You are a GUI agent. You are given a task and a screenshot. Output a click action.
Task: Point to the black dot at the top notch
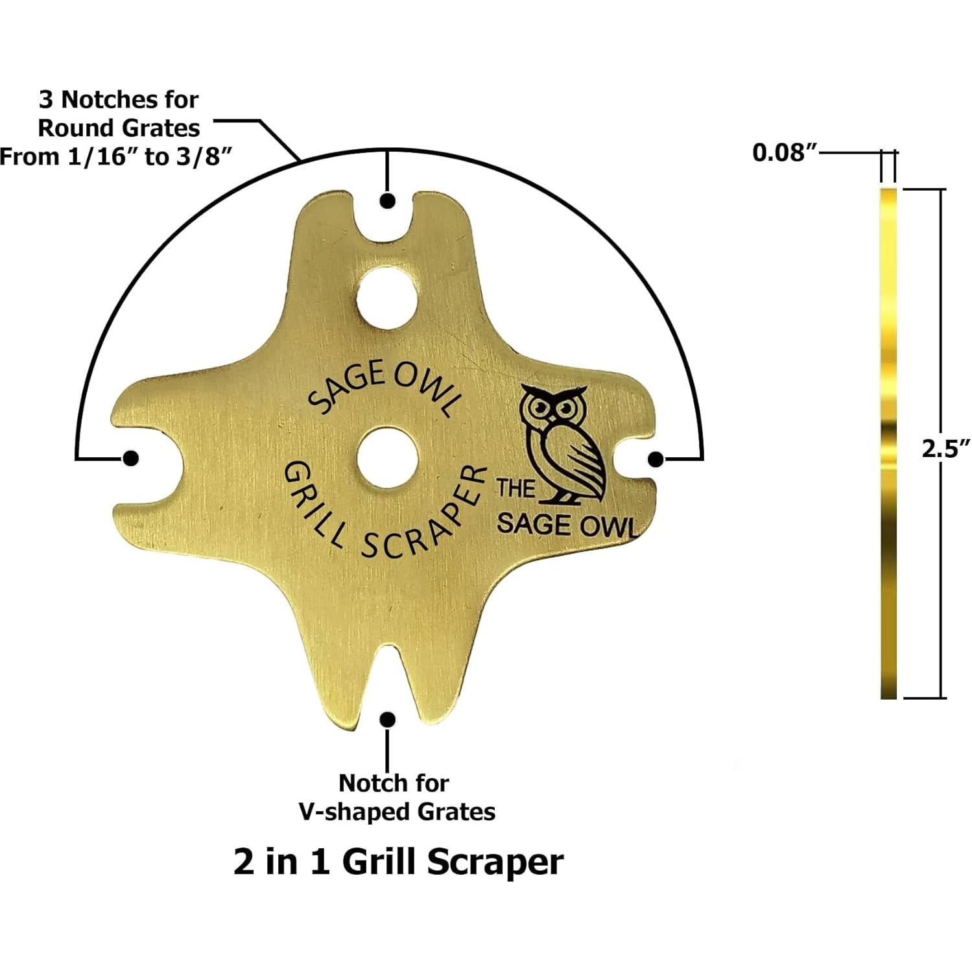pyautogui.click(x=388, y=201)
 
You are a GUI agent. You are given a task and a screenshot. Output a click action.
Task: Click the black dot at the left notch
pyautogui.click(x=130, y=458)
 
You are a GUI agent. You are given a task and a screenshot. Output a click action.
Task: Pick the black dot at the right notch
pyautogui.click(x=656, y=459)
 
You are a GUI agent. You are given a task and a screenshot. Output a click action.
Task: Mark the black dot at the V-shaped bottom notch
pyautogui.click(x=388, y=720)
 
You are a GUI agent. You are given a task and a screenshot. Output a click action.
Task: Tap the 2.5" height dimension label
pyautogui.click(x=945, y=449)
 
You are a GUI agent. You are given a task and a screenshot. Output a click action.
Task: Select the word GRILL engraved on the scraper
pyautogui.click(x=311, y=506)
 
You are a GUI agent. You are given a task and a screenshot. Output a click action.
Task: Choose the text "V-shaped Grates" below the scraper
pyautogui.click(x=396, y=812)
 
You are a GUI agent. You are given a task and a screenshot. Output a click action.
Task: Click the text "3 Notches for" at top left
pyautogui.click(x=119, y=100)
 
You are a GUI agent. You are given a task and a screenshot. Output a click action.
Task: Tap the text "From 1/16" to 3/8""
pyautogui.click(x=115, y=157)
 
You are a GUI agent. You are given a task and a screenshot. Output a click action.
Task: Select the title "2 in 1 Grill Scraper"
pyautogui.click(x=398, y=863)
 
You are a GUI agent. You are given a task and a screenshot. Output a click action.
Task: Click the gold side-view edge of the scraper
pyautogui.click(x=888, y=444)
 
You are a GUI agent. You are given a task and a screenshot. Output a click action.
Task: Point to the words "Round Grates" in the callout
pyautogui.click(x=119, y=128)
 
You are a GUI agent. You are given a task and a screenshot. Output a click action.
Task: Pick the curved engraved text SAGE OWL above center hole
pyautogui.click(x=384, y=390)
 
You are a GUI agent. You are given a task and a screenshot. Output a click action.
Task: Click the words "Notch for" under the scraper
pyautogui.click(x=394, y=783)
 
